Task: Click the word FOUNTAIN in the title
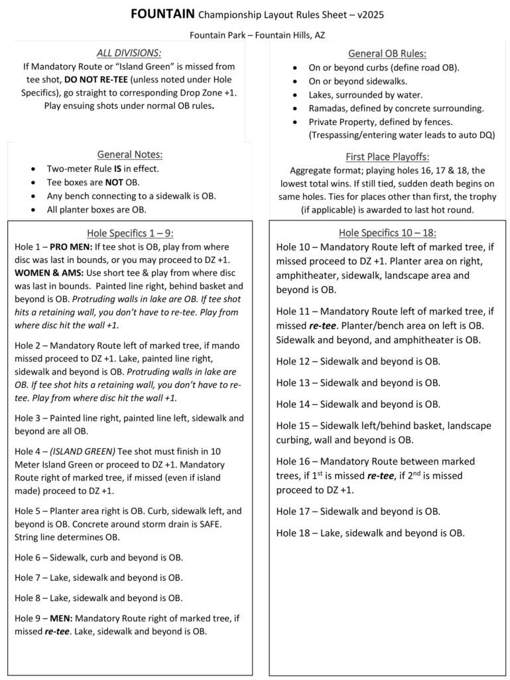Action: [162, 13]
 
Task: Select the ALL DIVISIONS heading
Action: [129, 53]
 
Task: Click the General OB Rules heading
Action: [387, 54]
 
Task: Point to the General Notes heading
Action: [130, 154]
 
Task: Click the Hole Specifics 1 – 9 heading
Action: [129, 232]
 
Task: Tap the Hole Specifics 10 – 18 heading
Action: [387, 232]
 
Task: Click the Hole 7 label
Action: [28, 578]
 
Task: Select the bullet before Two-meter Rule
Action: [33, 169]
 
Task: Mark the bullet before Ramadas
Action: [294, 108]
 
